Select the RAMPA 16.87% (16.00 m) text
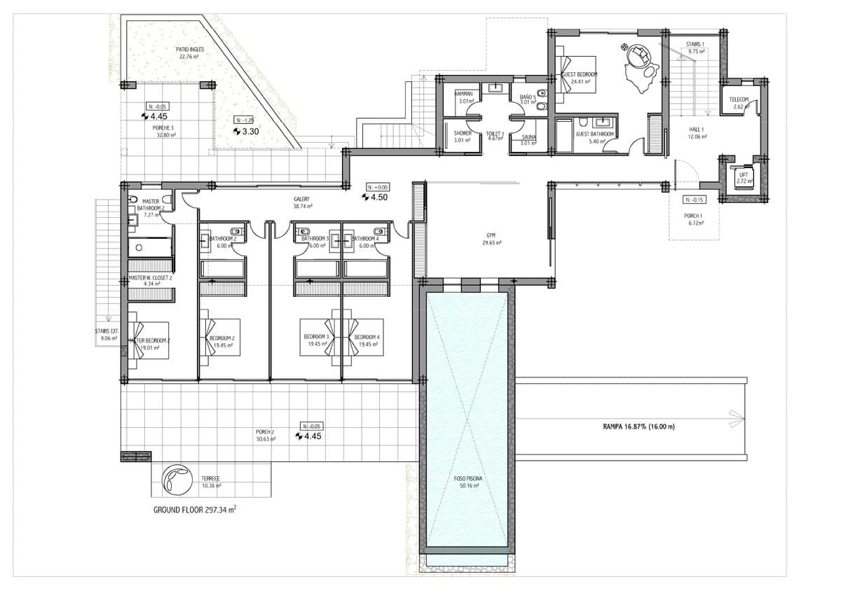[x=638, y=426]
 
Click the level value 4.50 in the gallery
[x=379, y=197]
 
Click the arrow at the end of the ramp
[x=736, y=418]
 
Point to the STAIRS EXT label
[x=107, y=335]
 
